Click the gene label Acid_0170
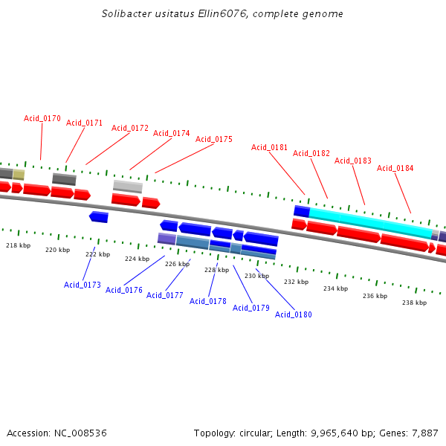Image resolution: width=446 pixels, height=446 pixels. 42,118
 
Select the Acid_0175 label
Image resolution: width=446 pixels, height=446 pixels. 214,139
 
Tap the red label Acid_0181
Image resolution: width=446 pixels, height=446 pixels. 269,147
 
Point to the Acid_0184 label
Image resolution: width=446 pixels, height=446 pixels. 395,168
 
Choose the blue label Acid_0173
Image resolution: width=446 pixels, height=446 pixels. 83,285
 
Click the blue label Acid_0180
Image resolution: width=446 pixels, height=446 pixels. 294,314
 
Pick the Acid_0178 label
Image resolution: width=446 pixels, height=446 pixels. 208,301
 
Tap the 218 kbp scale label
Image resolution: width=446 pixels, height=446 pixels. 19,245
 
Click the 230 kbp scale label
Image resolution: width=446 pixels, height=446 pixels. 256,276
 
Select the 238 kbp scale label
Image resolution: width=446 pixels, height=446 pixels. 414,303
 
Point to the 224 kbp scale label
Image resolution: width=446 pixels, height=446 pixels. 137,259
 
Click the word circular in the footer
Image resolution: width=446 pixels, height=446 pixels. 261,433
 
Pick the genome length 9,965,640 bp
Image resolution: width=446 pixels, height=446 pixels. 339,433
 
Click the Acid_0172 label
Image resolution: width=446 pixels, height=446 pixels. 130,128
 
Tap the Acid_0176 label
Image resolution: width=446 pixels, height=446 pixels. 124,290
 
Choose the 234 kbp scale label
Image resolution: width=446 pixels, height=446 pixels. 335,288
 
